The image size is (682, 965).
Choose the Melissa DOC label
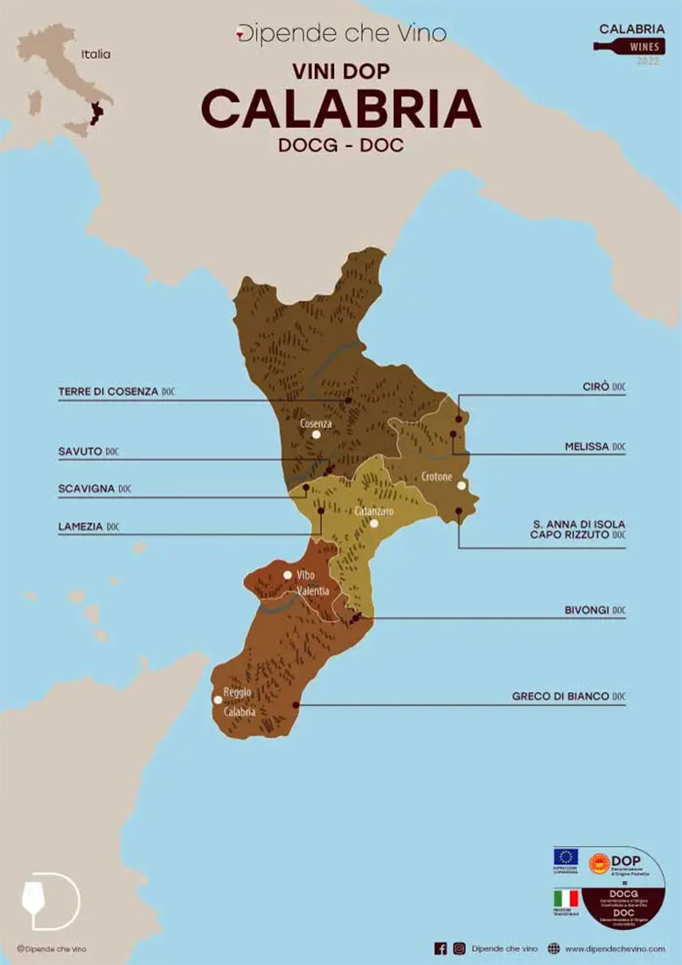point(595,446)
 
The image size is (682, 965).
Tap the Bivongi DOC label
point(594,610)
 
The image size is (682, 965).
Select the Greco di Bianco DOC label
point(568,697)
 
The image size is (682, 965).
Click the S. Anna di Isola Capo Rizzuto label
point(579,528)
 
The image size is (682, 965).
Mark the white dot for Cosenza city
point(317,434)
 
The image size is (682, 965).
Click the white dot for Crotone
point(461,486)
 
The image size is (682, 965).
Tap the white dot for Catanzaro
point(373,523)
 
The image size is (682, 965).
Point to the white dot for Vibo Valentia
point(288,575)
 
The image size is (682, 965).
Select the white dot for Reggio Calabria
point(218,699)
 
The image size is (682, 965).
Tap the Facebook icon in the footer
point(441,948)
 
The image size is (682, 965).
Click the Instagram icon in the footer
point(459,948)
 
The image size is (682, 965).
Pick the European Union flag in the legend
point(566,855)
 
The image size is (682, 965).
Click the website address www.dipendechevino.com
point(615,948)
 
